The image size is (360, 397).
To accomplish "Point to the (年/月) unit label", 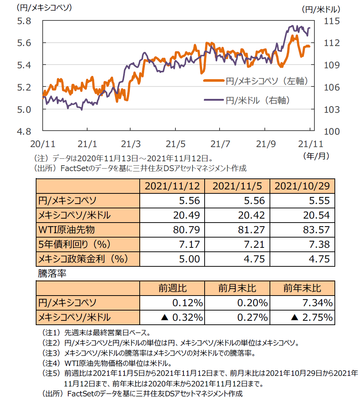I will pos(316,156).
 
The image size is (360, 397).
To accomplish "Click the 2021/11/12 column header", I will pos(172,186).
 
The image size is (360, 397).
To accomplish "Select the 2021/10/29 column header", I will pos(302,186).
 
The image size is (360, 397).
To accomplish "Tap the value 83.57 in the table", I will pos(317,230).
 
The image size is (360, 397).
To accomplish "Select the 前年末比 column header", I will pos(302,288).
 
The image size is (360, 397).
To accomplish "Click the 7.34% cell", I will pos(317,303).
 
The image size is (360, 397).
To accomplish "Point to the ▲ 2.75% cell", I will pos(312,317).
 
